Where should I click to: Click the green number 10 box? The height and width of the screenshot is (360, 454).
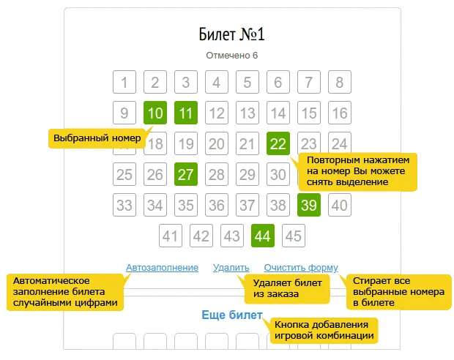(x=155, y=113)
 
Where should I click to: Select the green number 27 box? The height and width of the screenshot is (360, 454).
(x=186, y=174)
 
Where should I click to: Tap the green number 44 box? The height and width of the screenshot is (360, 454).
(x=263, y=236)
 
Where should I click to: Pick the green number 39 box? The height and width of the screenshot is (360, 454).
(x=309, y=205)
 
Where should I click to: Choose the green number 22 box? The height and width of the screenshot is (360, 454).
(x=278, y=143)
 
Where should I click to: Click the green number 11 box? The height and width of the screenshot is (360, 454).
(x=186, y=113)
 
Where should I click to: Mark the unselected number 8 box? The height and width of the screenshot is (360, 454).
(x=340, y=82)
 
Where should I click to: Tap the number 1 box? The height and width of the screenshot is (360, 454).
(x=124, y=82)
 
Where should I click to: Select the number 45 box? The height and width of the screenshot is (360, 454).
(x=294, y=236)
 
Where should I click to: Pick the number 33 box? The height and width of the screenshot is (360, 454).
(x=124, y=205)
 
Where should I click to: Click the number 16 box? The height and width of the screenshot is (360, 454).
(x=340, y=113)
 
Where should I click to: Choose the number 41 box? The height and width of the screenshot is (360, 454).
(x=171, y=236)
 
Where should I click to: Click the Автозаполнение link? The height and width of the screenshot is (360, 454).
(x=162, y=268)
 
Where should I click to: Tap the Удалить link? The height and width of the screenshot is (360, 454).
(x=231, y=268)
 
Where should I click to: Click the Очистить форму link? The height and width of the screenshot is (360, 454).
(x=301, y=268)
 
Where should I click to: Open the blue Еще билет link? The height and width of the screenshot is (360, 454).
(x=232, y=315)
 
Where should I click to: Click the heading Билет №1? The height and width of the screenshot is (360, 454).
(x=231, y=34)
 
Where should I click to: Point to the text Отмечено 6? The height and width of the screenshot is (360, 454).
(x=231, y=56)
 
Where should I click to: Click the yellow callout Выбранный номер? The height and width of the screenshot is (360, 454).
(x=97, y=138)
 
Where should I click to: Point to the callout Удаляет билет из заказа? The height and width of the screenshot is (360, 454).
(x=287, y=289)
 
